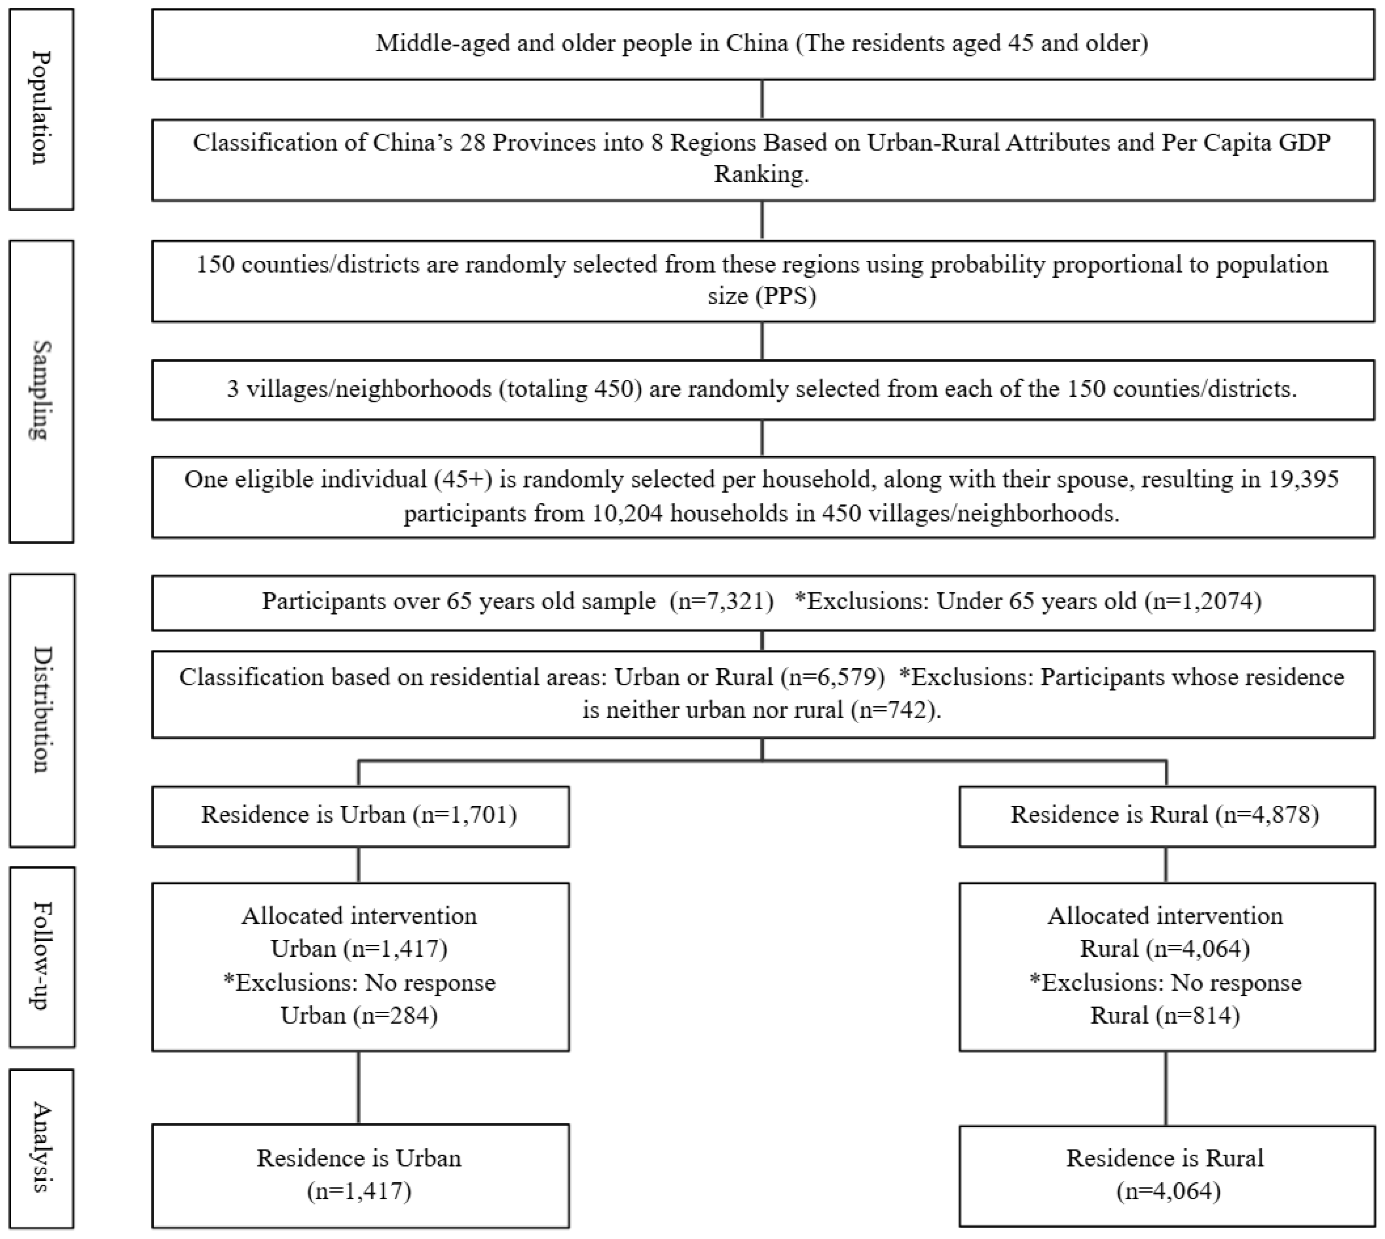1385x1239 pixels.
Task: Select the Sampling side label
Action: pos(41,391)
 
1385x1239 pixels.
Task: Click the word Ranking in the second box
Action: pos(761,174)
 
